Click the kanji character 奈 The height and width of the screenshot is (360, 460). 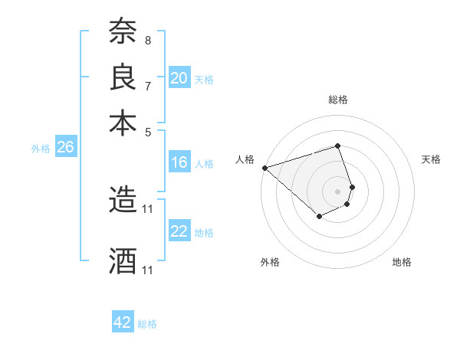tap(123, 31)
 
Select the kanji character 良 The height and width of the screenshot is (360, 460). tap(123, 77)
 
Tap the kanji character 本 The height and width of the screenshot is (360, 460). tap(123, 123)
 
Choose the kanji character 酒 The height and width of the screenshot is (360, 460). tap(123, 261)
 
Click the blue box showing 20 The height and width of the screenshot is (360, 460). tap(179, 78)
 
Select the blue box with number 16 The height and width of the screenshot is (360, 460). tap(179, 162)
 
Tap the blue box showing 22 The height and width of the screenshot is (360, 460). tap(179, 231)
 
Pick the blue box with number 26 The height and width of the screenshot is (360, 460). tap(65, 148)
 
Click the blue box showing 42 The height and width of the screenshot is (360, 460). tap(123, 322)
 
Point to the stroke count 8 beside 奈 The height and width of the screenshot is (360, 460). tap(147, 40)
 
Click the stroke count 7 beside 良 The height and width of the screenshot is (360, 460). tap(147, 86)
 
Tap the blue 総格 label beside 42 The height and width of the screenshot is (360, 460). tap(147, 324)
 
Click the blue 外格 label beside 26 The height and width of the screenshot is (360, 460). tap(40, 149)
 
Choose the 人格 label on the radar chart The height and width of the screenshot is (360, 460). tap(245, 159)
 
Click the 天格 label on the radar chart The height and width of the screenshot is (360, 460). tap(431, 159)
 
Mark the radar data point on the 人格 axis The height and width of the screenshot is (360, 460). tap(264, 168)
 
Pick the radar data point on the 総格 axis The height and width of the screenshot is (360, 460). tap(337, 146)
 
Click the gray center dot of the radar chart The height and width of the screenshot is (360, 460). tap(337, 191)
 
